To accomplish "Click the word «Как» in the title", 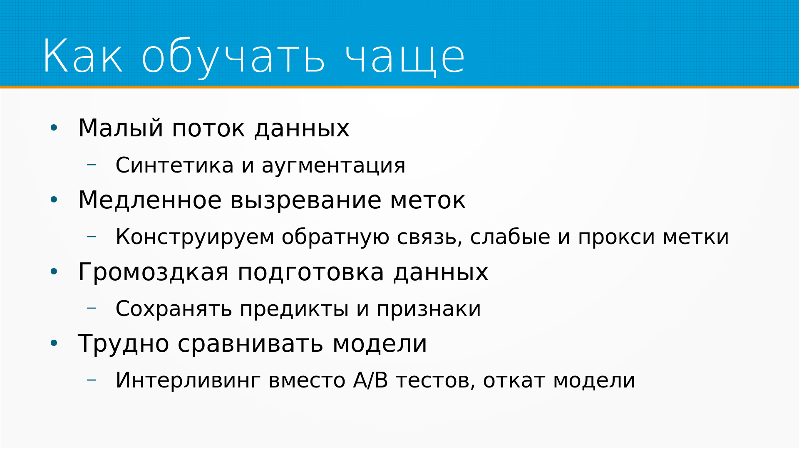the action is click(83, 56).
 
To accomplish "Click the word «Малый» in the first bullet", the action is click(121, 128).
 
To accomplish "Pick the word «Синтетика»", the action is click(175, 165).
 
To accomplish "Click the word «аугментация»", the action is click(333, 167).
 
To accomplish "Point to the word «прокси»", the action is click(616, 238).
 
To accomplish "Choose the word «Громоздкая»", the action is click(154, 273).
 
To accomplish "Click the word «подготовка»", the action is click(311, 274).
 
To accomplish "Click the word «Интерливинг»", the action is click(188, 381).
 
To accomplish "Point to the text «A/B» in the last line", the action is click(371, 380).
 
